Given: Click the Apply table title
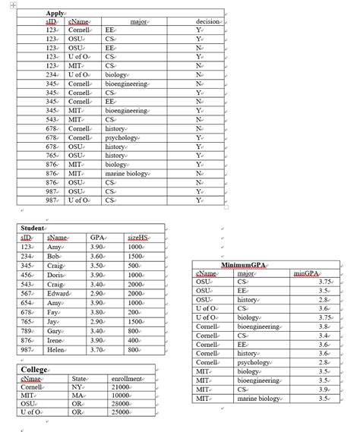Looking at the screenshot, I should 55,14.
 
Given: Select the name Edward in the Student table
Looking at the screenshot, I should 58,293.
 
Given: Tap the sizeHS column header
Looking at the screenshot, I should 138,238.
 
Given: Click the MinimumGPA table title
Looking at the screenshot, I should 245,264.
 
